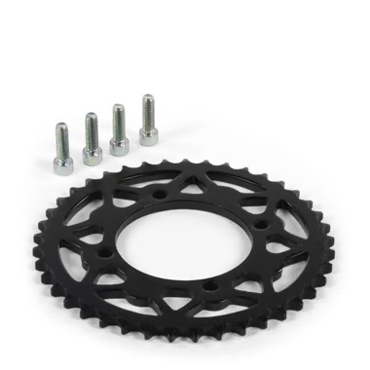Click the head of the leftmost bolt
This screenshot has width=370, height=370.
[x=63, y=166]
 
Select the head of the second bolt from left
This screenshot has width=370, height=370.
[x=92, y=156]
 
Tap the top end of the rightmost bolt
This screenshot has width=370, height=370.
[x=147, y=96]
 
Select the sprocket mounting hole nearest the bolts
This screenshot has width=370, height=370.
[x=158, y=195]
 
